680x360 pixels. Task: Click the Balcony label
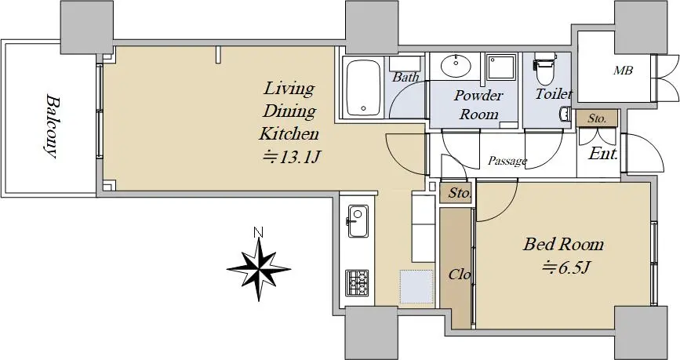(x=51, y=125)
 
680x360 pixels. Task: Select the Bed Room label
(x=563, y=244)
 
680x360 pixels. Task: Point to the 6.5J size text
(x=565, y=267)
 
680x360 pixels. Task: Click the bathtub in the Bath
(x=364, y=88)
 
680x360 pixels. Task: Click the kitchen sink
(x=358, y=221)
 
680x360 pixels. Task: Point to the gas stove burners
(x=357, y=282)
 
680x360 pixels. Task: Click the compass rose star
(x=259, y=269)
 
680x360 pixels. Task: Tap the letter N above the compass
(x=259, y=232)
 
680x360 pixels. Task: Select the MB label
(x=623, y=71)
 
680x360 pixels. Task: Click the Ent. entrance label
(x=603, y=154)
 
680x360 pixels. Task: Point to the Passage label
(x=507, y=162)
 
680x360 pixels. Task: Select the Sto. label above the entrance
(x=597, y=118)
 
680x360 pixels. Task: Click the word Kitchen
(x=289, y=133)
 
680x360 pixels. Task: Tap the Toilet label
(x=554, y=93)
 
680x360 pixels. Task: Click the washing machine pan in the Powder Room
(x=501, y=67)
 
